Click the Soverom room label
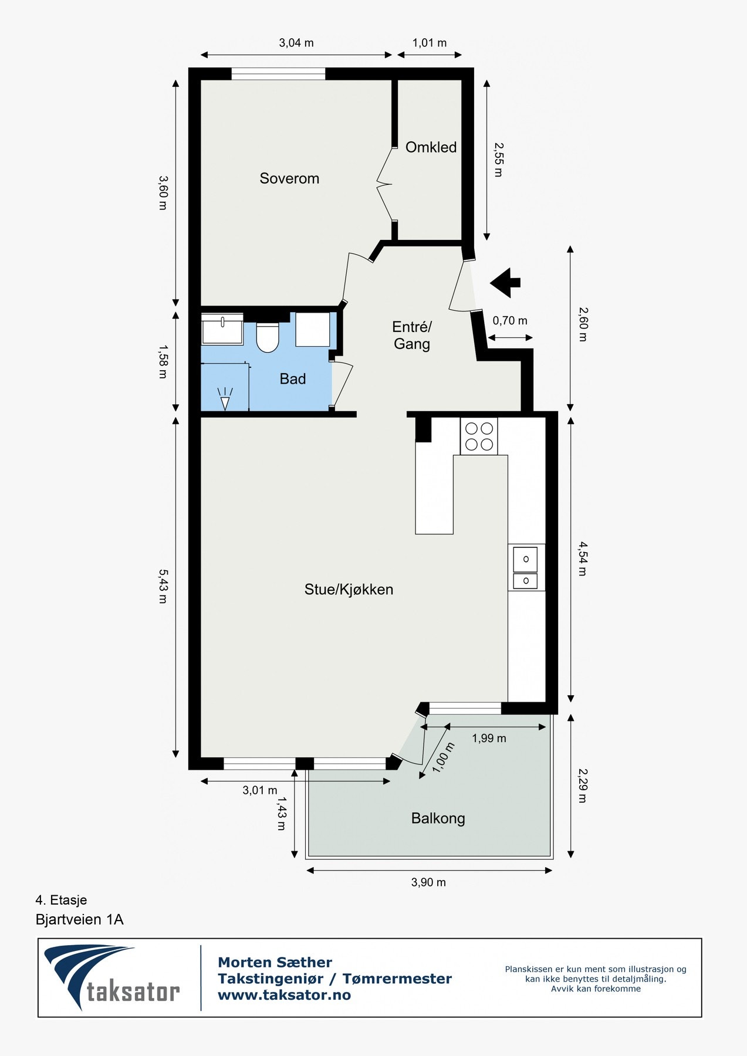(289, 178)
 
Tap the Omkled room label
(431, 147)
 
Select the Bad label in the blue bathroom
(293, 379)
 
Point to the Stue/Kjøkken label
(349, 590)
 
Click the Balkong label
(438, 818)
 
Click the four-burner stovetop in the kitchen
(479, 436)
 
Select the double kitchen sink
(526, 567)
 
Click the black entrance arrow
(505, 283)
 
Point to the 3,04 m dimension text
(296, 43)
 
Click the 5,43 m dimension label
(163, 586)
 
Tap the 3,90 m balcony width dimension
(428, 882)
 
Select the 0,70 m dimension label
(510, 321)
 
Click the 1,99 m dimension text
(489, 738)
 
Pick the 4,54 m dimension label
(582, 559)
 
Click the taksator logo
(112, 977)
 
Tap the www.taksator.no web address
(285, 995)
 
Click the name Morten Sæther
(275, 963)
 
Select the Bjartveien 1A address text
(80, 919)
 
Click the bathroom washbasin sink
(222, 329)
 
